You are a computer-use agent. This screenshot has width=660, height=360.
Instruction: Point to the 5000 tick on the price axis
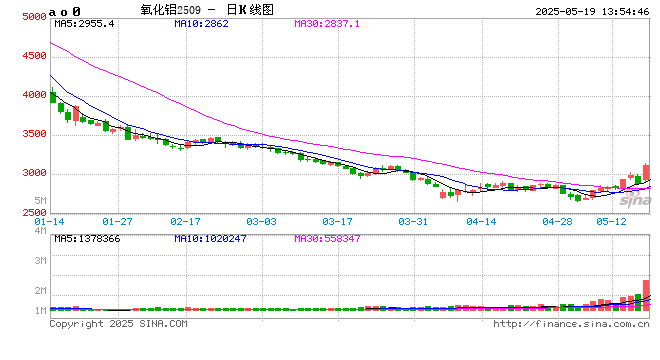tap(33, 17)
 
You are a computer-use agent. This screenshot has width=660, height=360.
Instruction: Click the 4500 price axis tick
tap(33, 57)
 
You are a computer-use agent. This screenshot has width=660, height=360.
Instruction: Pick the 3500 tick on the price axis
tap(33, 134)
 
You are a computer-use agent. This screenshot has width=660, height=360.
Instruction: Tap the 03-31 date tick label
tap(413, 220)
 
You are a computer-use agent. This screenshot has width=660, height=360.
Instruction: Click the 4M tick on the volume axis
tap(40, 231)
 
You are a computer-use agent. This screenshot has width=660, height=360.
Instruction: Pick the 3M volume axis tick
tap(40, 260)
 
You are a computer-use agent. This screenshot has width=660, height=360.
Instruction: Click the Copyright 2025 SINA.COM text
tap(117, 323)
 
